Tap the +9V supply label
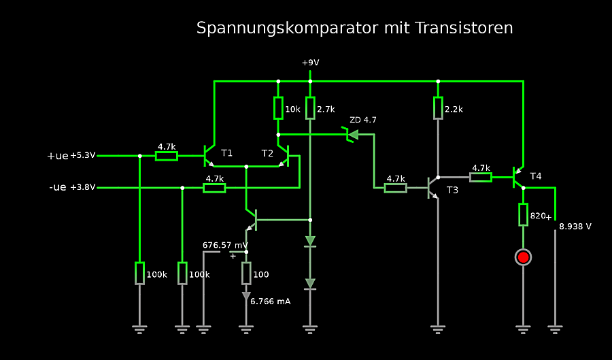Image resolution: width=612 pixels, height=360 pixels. [x=310, y=63]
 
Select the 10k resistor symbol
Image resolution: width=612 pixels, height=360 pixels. [x=278, y=108]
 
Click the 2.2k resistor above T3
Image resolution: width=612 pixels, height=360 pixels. [x=438, y=108]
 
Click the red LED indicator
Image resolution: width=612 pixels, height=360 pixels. [x=523, y=257]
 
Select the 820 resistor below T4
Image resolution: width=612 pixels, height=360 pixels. [x=523, y=214]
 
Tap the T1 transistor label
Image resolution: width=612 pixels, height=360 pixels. [x=226, y=153]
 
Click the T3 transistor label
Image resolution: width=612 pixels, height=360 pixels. [x=452, y=190]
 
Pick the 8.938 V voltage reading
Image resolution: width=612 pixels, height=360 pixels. [x=575, y=226]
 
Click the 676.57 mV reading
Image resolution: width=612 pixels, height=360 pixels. [x=225, y=245]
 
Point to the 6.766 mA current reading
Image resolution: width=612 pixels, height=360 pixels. [x=271, y=301]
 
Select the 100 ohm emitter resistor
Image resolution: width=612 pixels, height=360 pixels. [x=246, y=274]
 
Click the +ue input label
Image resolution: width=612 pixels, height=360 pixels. [x=58, y=156]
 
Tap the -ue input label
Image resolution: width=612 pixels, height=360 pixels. [x=58, y=187]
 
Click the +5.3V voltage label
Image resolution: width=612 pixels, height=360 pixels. [x=83, y=156]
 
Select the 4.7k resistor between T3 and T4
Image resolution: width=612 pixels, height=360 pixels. [x=481, y=177]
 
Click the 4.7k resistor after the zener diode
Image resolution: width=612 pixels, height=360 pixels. [x=395, y=188]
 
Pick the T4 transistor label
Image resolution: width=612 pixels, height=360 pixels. [x=536, y=176]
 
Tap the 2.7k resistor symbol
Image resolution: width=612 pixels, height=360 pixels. [x=310, y=108]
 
